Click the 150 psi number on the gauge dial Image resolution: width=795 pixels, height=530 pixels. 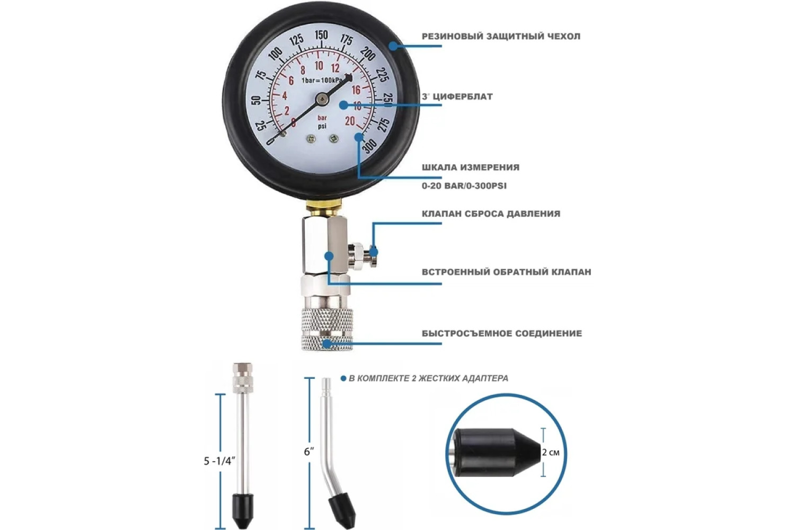coord(321,35)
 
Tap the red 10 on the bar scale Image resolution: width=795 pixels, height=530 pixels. coord(319,66)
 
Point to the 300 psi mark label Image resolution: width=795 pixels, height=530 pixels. coord(370,145)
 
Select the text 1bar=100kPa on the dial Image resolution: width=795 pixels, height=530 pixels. coord(322,81)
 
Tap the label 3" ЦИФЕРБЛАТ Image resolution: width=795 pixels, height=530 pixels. coord(457,96)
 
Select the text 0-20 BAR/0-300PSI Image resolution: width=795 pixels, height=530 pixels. coord(464,185)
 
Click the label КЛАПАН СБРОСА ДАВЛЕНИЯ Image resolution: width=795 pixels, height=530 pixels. coord(491,214)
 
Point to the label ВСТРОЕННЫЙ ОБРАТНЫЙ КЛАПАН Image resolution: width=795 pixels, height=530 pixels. coord(507,272)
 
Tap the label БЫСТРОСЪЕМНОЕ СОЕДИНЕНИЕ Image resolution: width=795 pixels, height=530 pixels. coord(502,333)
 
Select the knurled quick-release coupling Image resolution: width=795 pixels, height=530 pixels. coord(327,329)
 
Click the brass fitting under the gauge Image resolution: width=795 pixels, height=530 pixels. coord(324,208)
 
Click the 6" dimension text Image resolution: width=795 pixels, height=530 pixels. coord(309,452)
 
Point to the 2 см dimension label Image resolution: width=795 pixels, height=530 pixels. coord(551,452)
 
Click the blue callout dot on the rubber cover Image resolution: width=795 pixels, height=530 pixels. coord(393,46)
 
